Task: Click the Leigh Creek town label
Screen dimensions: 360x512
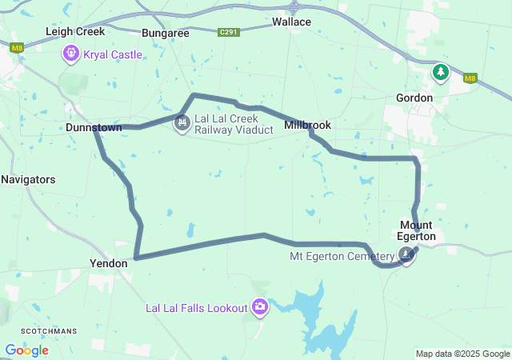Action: [75, 32]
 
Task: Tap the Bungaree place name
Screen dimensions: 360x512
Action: [165, 33]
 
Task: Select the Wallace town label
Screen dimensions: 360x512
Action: [291, 22]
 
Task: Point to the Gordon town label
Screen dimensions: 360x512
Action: [414, 98]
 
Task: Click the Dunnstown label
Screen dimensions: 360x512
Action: [94, 127]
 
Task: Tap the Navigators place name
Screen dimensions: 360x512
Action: [28, 179]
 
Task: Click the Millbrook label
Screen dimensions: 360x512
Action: [307, 126]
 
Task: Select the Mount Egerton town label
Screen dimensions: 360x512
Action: [417, 230]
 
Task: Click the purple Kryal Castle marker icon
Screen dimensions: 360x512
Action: [71, 54]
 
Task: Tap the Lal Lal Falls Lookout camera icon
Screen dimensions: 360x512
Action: [260, 307]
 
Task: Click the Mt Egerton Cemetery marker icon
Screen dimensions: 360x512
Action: [407, 255]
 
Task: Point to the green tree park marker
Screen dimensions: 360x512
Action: [440, 73]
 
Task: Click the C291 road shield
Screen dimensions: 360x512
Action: [229, 33]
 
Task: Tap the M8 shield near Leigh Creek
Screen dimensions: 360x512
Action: [17, 48]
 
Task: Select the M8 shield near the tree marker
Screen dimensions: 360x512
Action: [470, 78]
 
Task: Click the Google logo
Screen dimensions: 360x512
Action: [26, 350]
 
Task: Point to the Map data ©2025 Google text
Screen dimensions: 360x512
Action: [462, 354]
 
